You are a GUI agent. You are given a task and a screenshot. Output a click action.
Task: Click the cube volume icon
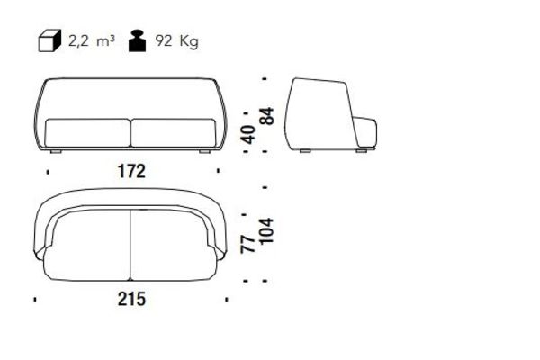[49, 41]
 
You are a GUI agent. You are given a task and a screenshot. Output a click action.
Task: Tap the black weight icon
[138, 41]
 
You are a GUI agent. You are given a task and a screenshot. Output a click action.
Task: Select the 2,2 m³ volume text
[91, 41]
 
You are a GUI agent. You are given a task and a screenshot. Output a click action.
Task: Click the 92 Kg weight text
[176, 41]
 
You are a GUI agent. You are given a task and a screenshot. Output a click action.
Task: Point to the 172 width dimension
[132, 171]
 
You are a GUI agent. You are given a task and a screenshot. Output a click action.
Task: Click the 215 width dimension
[132, 299]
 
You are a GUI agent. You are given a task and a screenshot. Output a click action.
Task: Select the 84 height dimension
[267, 116]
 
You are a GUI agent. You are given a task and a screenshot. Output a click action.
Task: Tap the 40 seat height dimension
[248, 135]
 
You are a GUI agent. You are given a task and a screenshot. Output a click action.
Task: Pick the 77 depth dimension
[248, 244]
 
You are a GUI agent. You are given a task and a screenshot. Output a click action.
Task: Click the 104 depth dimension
[267, 230]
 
